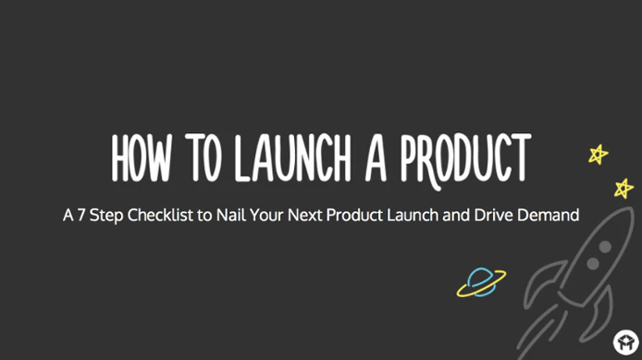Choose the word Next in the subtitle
pos(319,216)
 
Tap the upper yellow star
pos(599,154)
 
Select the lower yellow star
pos(623,188)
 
